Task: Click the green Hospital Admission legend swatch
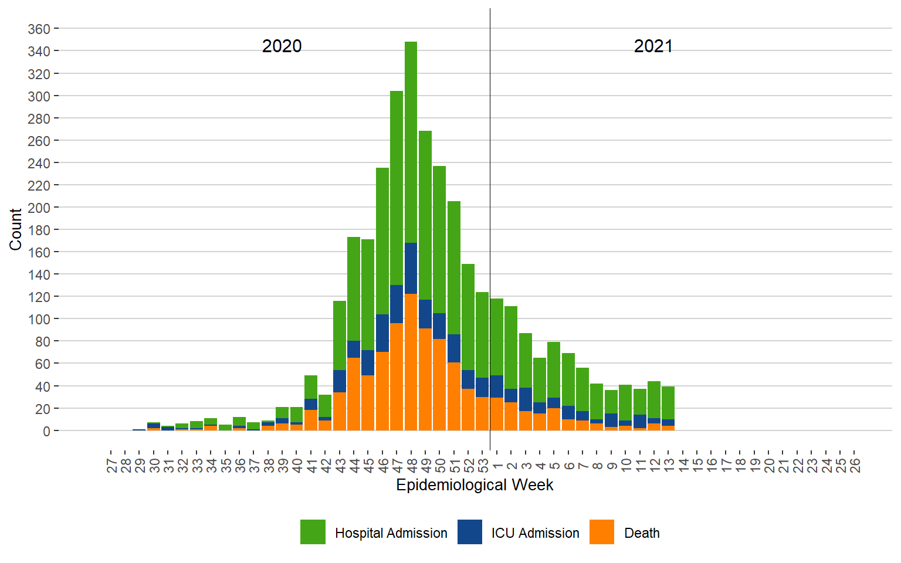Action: click(x=313, y=532)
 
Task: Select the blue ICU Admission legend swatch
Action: click(x=470, y=532)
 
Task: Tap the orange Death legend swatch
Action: click(x=602, y=532)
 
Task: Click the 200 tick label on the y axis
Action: click(x=39, y=208)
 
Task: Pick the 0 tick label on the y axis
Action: click(x=46, y=431)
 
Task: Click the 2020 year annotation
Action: click(x=282, y=46)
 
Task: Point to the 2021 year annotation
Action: click(x=653, y=46)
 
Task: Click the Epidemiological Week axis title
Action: click(x=475, y=485)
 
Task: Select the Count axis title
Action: click(x=15, y=229)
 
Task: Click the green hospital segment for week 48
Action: click(x=411, y=141)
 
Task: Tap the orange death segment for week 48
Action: click(x=411, y=364)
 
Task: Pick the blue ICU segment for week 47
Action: click(x=397, y=304)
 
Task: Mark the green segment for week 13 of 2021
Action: click(x=668, y=403)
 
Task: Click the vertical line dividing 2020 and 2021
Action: click(x=490, y=176)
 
